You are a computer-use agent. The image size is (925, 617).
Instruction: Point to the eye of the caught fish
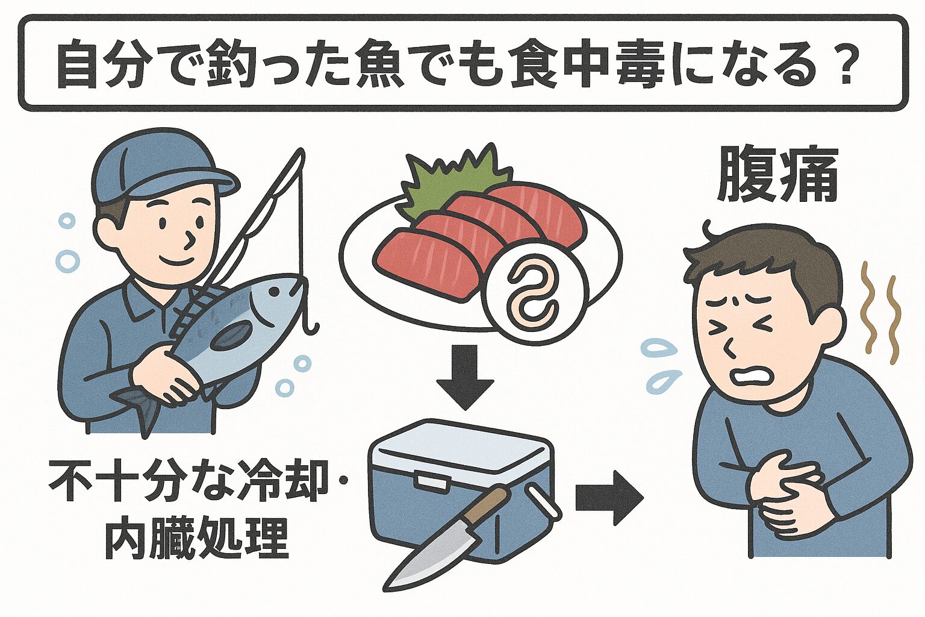click(275, 292)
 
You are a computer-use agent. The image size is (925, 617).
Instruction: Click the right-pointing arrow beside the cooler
click(608, 498)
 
